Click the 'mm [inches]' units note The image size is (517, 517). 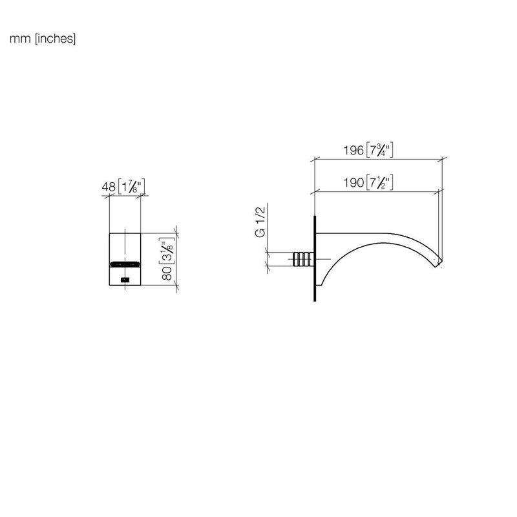[43, 39]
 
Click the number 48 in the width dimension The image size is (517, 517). [109, 187]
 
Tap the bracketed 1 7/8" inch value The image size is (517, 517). [131, 187]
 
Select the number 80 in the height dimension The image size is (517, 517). [167, 273]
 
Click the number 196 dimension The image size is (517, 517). [353, 151]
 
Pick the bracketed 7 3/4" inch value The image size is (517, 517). [379, 151]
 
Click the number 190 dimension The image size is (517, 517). [353, 182]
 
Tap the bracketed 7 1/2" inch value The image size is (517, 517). [379, 182]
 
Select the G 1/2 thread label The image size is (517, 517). [260, 222]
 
